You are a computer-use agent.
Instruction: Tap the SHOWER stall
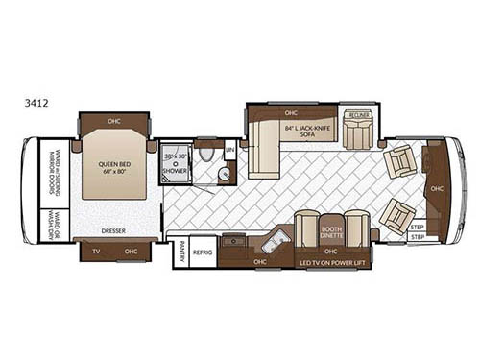coord(174,164)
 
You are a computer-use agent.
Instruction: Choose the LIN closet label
coord(229,151)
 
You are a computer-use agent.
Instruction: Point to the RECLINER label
coord(359,113)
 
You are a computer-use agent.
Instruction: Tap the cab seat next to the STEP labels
coord(396,217)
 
